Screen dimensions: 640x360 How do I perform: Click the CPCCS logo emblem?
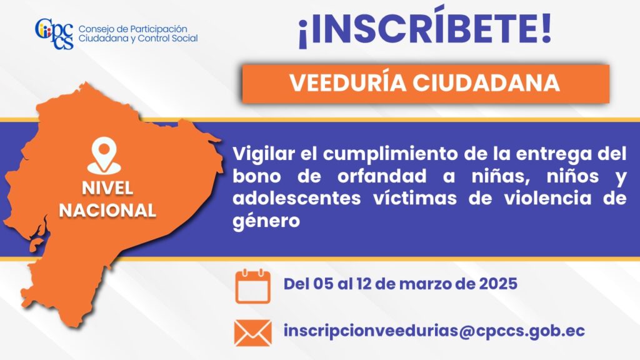tap(54, 34)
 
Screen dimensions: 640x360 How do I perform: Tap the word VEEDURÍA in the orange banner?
tap(347, 83)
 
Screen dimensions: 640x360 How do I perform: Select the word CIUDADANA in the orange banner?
tap(486, 83)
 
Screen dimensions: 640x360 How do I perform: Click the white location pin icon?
tap(104, 155)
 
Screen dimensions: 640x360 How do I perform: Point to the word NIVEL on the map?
tap(107, 188)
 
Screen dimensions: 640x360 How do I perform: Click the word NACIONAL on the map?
tap(107, 211)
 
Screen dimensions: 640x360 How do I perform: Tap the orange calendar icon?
tap(252, 286)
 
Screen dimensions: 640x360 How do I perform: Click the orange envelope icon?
tap(252, 332)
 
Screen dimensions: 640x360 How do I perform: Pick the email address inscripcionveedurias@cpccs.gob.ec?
tap(434, 331)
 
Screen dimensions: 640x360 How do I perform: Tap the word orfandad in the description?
tap(382, 176)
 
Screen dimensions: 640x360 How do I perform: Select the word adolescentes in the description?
tap(297, 199)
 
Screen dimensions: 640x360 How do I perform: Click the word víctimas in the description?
tap(415, 199)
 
